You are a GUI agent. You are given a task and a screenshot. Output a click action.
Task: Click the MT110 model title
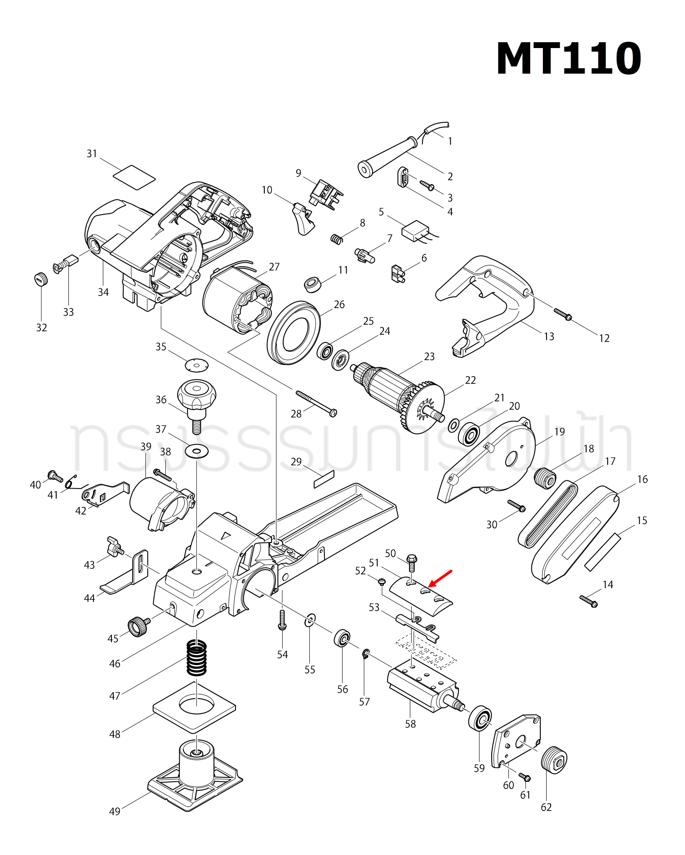point(568,59)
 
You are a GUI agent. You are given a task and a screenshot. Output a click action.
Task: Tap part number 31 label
point(92,154)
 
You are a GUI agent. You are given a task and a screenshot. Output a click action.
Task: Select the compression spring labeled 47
point(196,657)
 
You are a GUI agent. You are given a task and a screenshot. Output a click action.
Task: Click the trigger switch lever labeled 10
point(303,219)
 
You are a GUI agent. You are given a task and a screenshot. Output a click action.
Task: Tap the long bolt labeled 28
point(316,403)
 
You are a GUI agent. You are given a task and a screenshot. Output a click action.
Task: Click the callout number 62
point(546,807)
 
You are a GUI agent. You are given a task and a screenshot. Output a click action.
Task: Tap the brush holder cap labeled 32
point(40,279)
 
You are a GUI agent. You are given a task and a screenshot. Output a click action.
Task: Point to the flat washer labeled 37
point(196,450)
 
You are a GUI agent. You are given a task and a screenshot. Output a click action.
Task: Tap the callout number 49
point(115,811)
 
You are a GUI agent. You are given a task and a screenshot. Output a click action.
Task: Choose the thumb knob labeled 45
point(138,626)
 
